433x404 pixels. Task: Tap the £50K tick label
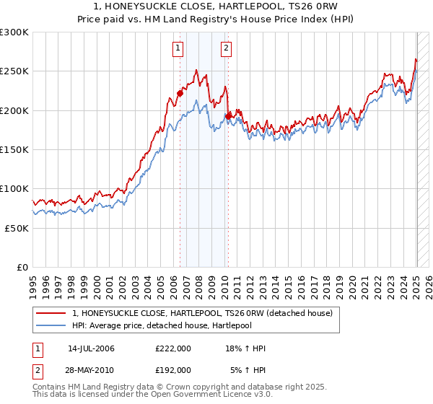tap(17, 227)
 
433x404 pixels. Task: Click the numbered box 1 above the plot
tap(178, 48)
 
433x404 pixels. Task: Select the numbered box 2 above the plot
tap(226, 48)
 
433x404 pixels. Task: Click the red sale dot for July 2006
tap(180, 93)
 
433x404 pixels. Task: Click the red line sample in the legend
tap(51, 313)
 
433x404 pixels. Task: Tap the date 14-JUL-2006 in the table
tap(91, 348)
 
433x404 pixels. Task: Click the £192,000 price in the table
tap(173, 369)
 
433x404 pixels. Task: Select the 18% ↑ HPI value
tap(247, 348)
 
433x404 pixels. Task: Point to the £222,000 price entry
tap(173, 348)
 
